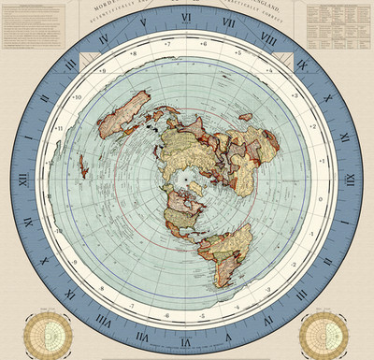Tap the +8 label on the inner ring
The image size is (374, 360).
[x=133, y=54]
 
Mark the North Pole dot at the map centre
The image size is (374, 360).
[x=187, y=178]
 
